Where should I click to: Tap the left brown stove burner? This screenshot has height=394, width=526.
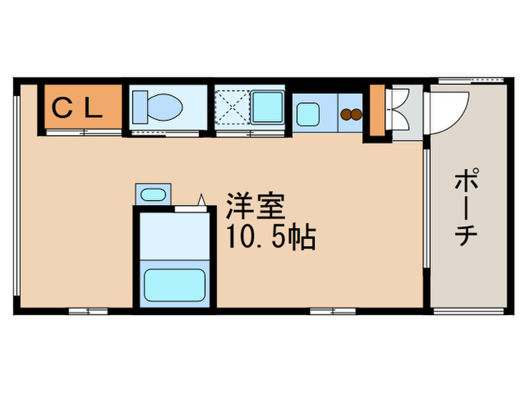click(346, 115)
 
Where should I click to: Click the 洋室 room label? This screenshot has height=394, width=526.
click(255, 204)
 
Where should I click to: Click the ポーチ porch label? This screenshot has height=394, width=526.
click(467, 207)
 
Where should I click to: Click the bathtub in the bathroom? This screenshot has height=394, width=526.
click(175, 284)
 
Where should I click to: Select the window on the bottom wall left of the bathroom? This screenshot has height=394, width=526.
click(87, 310)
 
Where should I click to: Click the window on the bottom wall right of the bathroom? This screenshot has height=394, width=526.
click(332, 310)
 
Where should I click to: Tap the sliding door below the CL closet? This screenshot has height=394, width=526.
click(83, 133)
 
